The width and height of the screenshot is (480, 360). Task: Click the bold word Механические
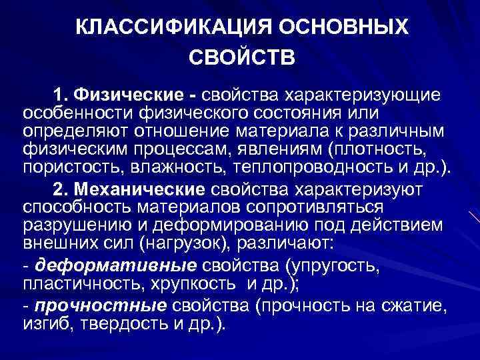(x=134, y=189)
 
